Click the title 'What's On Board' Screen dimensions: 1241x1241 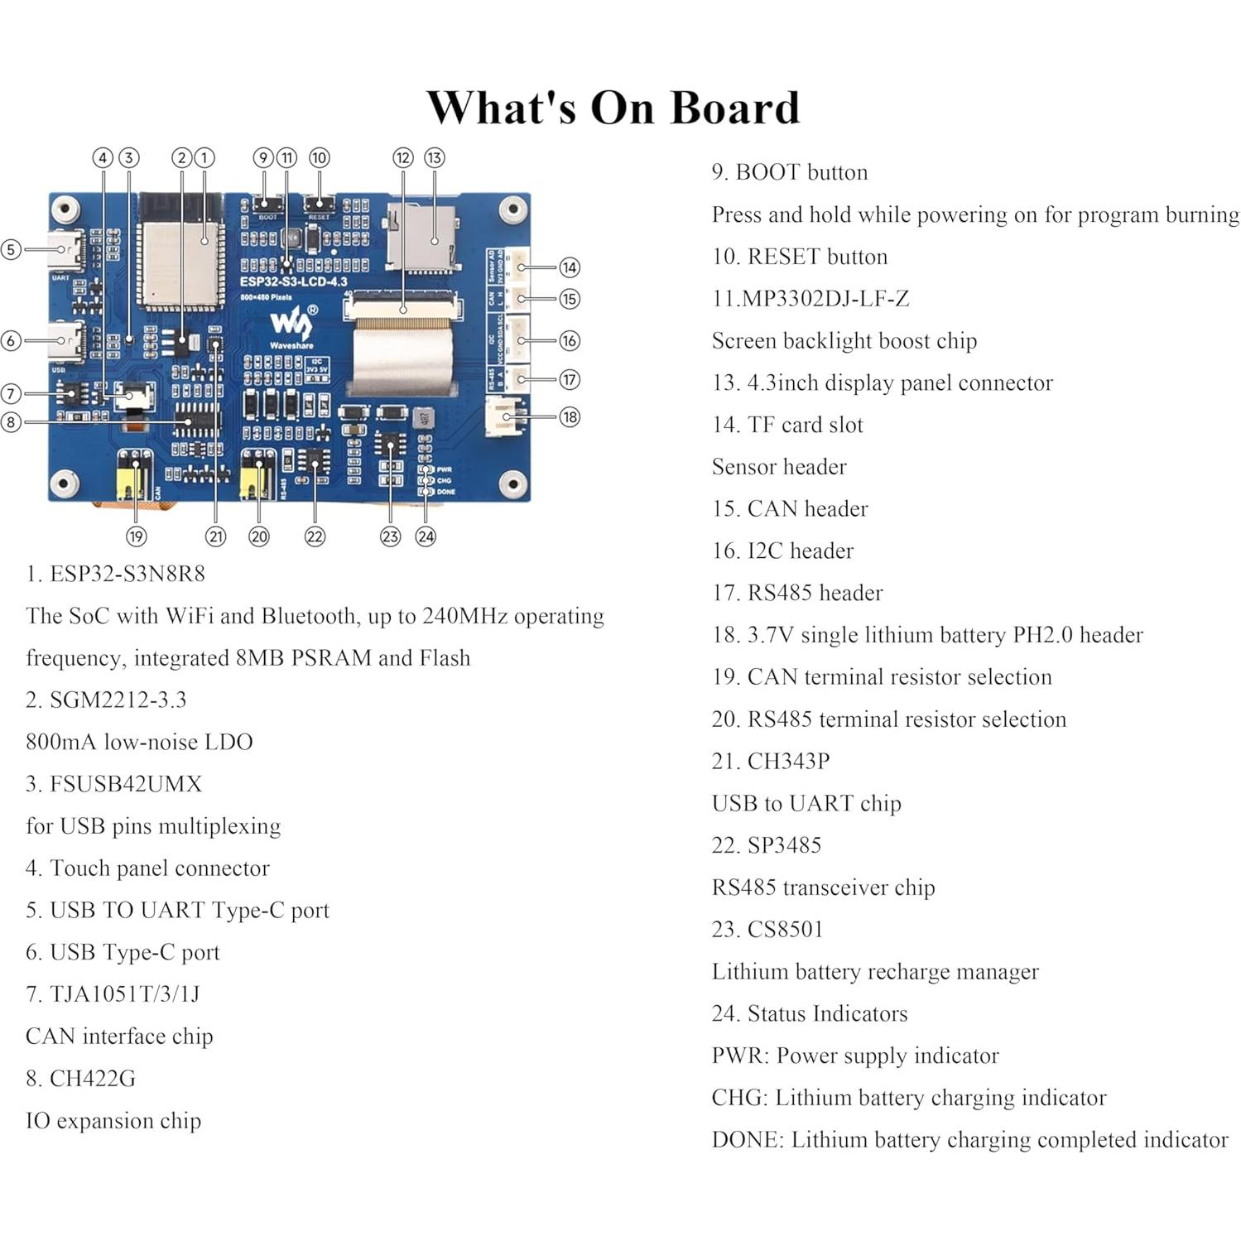point(613,108)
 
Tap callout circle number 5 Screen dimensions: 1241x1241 point(11,249)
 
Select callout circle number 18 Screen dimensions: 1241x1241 point(570,416)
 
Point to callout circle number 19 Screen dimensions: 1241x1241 point(137,536)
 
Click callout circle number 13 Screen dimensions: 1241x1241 point(435,158)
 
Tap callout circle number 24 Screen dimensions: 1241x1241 point(426,536)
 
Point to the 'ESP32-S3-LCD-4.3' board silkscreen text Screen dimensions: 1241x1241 point(294,281)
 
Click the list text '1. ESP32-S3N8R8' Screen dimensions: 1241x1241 point(115,574)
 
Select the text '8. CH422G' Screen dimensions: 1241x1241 point(80,1078)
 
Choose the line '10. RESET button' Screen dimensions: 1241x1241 point(799,257)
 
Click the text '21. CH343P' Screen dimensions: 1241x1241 point(770,761)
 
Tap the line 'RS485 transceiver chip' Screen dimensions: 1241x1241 point(823,887)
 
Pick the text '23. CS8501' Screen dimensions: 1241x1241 point(767,929)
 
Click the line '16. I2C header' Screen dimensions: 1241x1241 point(782,551)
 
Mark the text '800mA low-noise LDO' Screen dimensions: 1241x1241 point(139,742)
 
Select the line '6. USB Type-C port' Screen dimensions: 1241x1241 point(123,952)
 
